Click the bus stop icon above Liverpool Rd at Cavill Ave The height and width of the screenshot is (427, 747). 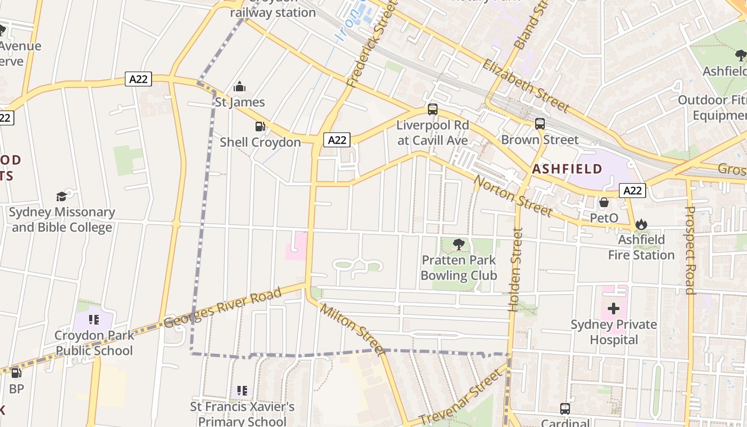(x=433, y=109)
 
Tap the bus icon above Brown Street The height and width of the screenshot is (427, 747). (x=540, y=124)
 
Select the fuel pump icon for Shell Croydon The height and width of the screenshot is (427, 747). (x=260, y=126)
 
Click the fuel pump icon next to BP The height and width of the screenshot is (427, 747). (x=17, y=373)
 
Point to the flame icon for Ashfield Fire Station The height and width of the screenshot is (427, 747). (x=641, y=224)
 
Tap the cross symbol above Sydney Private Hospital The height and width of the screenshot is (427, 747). (x=614, y=309)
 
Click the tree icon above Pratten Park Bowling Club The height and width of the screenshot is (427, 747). (x=458, y=244)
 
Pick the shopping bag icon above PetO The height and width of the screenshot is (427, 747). (x=604, y=202)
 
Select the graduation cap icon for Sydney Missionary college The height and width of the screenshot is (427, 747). (x=62, y=196)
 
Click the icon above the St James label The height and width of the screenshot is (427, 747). (x=240, y=86)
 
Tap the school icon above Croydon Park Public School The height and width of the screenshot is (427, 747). (x=94, y=320)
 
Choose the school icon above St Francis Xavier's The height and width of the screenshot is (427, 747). (x=242, y=391)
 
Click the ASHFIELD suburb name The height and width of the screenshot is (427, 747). (x=567, y=169)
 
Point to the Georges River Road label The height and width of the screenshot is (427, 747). (x=222, y=309)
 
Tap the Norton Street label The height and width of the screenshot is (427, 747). (x=513, y=196)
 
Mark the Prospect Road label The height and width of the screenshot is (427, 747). (x=689, y=250)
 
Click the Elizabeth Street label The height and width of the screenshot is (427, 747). (x=526, y=86)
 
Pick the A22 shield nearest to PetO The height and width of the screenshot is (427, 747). (x=633, y=191)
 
